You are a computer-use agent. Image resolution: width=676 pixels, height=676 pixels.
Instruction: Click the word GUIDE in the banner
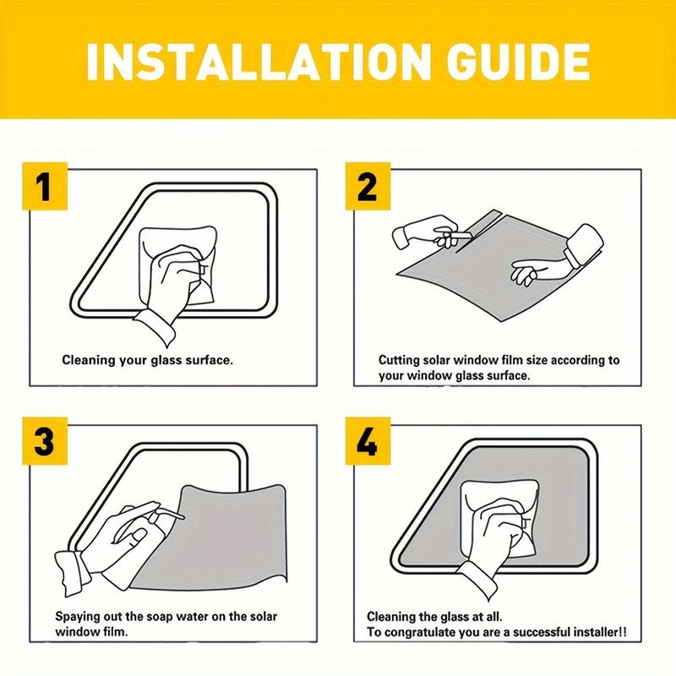tap(518, 61)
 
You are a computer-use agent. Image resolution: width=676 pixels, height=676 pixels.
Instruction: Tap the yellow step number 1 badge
tap(45, 186)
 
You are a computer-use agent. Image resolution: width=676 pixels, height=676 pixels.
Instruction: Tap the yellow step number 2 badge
tap(368, 186)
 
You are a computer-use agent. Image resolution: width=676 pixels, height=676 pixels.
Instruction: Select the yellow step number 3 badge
tap(45, 441)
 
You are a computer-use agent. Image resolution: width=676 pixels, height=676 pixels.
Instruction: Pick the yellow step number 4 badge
tap(368, 441)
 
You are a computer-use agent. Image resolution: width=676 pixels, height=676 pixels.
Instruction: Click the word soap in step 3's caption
tap(159, 617)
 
